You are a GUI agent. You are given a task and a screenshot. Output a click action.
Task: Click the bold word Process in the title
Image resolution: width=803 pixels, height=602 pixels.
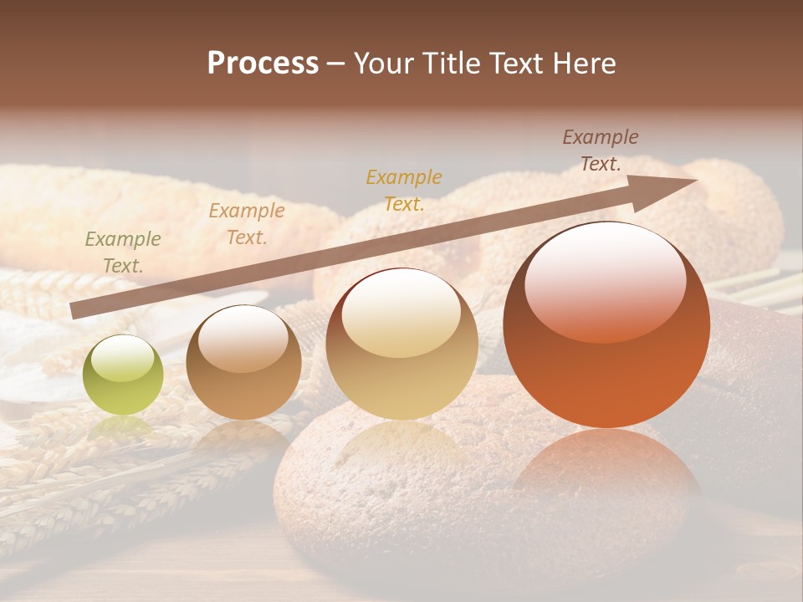click(263, 64)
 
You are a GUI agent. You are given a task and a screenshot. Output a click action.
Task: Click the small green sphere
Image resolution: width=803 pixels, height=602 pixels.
click(123, 375)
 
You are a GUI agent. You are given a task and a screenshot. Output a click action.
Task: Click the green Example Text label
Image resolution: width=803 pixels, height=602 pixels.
click(123, 252)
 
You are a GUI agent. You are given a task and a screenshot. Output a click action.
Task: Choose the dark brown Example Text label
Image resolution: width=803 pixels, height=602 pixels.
click(601, 150)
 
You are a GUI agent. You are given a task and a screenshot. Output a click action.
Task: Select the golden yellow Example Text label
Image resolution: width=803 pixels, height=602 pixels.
click(404, 190)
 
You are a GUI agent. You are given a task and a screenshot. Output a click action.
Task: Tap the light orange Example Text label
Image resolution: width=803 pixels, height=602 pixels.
click(247, 223)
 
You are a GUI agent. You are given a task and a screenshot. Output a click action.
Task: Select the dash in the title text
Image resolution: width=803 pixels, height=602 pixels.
click(335, 64)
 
